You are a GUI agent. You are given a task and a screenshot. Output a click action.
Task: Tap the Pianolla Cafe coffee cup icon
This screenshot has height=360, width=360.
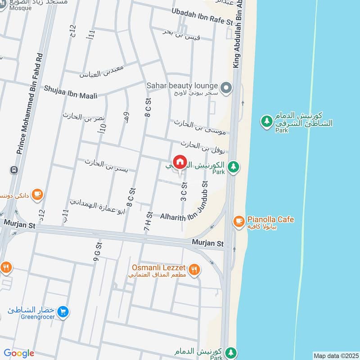(x=238, y=220)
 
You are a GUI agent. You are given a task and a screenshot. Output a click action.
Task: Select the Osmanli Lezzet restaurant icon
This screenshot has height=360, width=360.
(x=194, y=269)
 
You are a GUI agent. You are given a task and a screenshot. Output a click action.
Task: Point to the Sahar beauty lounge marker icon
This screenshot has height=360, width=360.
(x=226, y=86)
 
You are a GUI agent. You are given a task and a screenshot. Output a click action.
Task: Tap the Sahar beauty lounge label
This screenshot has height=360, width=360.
(x=182, y=85)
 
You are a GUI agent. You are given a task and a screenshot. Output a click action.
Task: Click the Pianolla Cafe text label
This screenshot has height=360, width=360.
(x=270, y=220)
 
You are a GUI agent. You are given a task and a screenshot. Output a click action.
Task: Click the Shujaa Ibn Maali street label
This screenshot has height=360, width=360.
(x=72, y=89)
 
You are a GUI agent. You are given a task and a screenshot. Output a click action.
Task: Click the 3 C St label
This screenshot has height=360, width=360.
(x=184, y=191)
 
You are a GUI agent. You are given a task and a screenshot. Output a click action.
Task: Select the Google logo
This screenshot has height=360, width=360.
(x=19, y=353)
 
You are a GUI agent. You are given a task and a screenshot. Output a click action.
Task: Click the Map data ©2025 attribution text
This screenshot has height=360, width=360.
(x=335, y=355)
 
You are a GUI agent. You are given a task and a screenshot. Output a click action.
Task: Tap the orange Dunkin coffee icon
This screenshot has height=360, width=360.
(x=37, y=193)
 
